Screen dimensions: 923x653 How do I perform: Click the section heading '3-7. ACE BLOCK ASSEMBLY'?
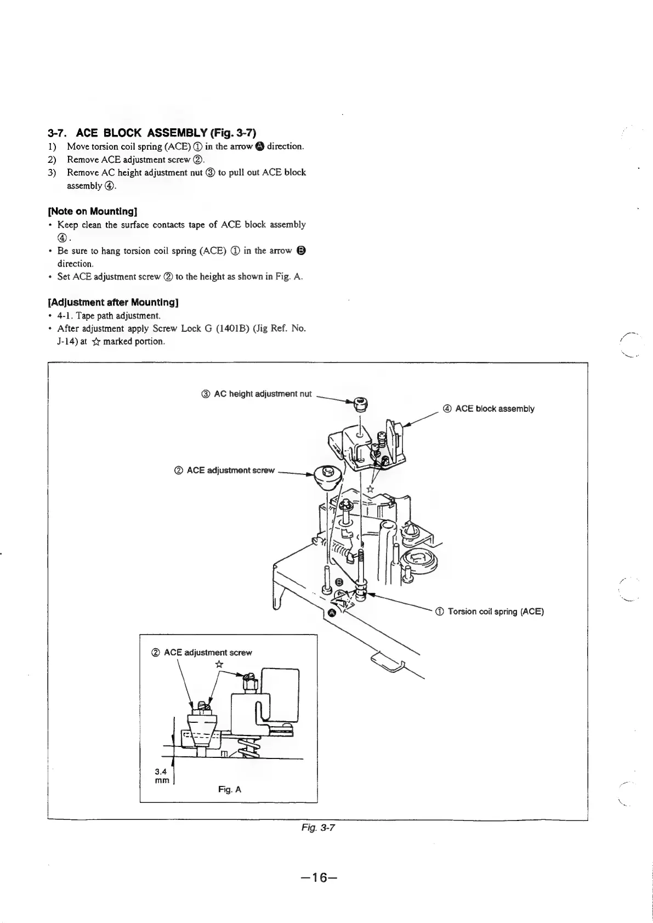(152, 133)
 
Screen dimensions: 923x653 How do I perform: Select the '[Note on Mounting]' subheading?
(93, 211)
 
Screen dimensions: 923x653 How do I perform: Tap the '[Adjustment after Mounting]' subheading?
(113, 302)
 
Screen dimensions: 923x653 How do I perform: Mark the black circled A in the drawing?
(331, 611)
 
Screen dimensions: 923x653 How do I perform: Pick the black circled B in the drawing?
(339, 582)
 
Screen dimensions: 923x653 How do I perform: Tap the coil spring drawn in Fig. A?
(246, 748)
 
